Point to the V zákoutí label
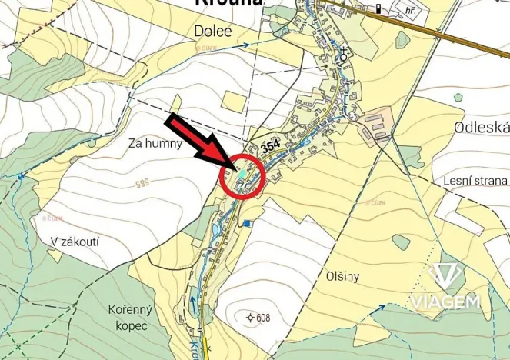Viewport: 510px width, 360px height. tap(75, 241)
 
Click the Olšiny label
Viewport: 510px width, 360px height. tap(342, 275)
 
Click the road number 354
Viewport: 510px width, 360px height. tap(270, 145)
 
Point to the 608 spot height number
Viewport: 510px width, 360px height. tap(265, 318)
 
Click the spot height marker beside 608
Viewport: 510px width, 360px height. tap(250, 318)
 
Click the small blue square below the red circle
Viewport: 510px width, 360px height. tap(246, 224)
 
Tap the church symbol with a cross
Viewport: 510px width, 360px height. tap(344, 55)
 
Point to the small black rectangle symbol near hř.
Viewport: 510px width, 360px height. tap(378, 9)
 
